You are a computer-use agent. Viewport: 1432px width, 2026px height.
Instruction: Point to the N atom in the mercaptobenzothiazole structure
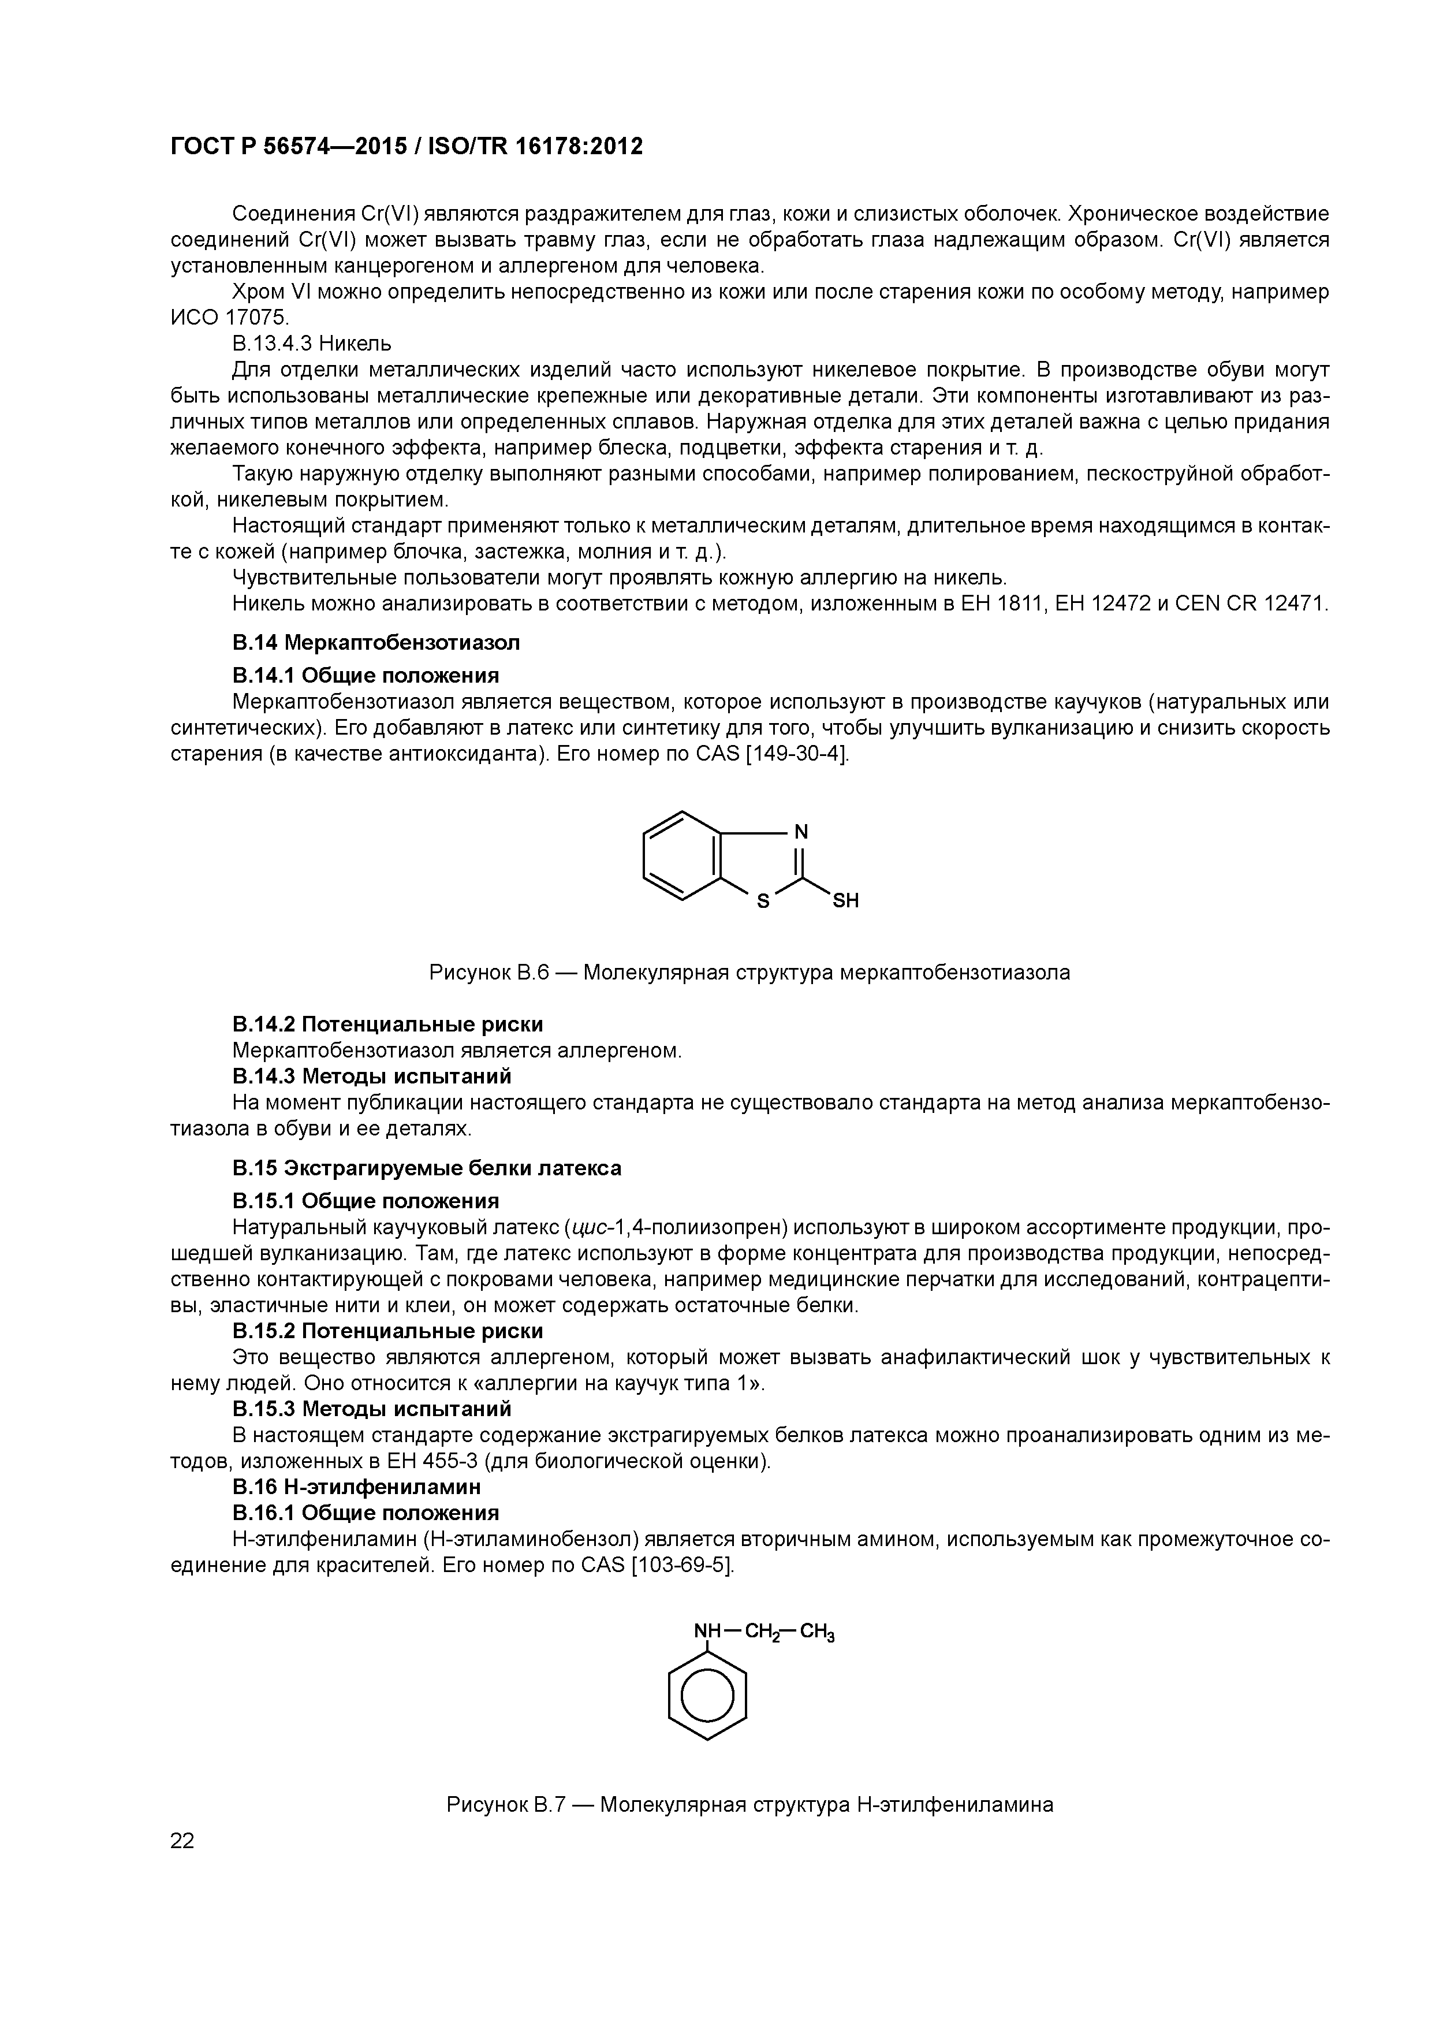[801, 831]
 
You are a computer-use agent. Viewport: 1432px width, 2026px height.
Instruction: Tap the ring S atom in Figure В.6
[764, 902]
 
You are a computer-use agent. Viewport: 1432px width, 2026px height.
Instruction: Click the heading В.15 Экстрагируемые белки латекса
[426, 1167]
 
